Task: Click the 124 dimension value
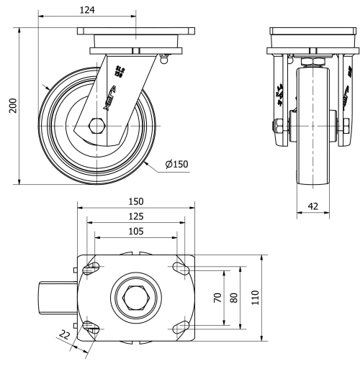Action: (x=89, y=10)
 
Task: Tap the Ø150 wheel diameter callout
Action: (x=176, y=165)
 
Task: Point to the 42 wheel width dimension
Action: (x=313, y=206)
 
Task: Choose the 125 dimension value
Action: (x=135, y=216)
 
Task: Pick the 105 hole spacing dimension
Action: (x=135, y=232)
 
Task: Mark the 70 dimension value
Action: (x=217, y=297)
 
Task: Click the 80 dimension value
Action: (x=233, y=297)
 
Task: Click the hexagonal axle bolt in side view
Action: (x=96, y=129)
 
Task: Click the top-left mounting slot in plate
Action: (x=92, y=269)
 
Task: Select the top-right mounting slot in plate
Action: (x=178, y=269)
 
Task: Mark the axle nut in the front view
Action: (x=276, y=129)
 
